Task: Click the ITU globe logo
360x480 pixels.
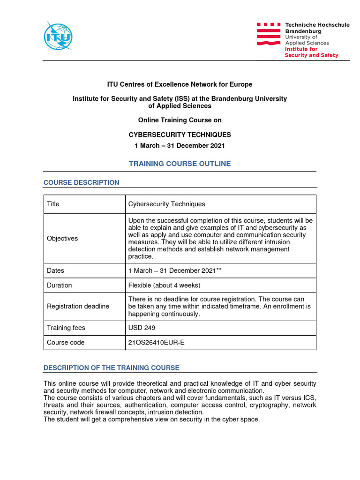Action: point(58,36)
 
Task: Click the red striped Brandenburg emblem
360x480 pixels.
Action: point(269,34)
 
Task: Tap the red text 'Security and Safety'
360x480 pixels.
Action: point(311,55)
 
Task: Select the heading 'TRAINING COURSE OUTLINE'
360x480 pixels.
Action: point(180,164)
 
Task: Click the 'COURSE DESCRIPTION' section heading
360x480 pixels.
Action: point(81,182)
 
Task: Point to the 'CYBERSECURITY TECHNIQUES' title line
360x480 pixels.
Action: point(180,135)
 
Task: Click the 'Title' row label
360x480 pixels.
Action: point(53,204)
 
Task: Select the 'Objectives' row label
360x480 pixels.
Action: point(62,238)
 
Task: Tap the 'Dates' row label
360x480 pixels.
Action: point(55,270)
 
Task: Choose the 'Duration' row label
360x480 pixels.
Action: point(59,285)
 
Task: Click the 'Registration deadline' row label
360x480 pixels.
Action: point(78,306)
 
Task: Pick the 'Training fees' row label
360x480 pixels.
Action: point(66,328)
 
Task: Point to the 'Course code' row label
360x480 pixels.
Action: point(66,342)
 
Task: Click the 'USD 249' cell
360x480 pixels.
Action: point(141,328)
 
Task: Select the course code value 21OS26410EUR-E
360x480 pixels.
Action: point(157,342)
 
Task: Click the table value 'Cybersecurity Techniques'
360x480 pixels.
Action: point(166,204)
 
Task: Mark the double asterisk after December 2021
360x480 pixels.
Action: point(218,270)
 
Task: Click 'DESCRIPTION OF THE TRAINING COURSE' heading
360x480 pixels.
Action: point(111,368)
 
